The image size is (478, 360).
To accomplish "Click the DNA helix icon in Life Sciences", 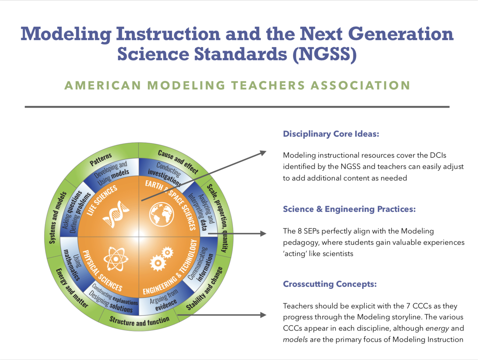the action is pos(116,214).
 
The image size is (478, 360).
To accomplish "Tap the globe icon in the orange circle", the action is pos(162,214).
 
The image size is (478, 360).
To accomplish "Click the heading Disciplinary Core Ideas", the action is pos(331,134).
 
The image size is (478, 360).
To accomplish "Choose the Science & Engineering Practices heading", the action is pos(349,209).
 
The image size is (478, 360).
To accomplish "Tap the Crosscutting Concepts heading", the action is pos(330,284).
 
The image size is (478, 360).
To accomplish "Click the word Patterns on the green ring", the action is pos(101,159).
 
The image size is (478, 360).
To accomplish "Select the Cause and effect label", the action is pos(178,162).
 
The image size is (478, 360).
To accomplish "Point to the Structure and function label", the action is pos(139,321).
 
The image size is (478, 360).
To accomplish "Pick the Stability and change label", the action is pos(205,288).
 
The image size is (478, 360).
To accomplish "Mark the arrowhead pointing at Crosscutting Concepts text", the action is pos(263,315).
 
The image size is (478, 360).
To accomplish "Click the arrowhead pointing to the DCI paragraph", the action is pos(263,153).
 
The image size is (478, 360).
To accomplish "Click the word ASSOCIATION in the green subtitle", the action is pos(360,85).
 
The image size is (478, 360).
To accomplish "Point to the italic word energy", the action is pos(437,328).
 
